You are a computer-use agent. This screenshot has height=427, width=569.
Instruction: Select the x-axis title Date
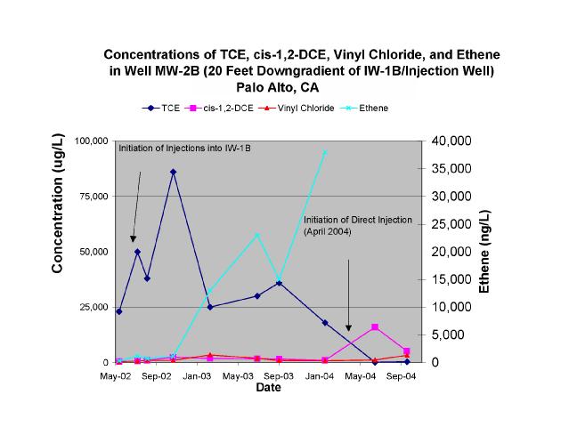click(x=269, y=388)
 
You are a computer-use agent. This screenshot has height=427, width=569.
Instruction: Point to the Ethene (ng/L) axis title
click(x=484, y=252)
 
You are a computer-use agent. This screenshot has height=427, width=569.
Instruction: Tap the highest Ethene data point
click(x=325, y=152)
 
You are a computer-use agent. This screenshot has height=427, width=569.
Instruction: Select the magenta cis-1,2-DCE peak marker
click(x=375, y=327)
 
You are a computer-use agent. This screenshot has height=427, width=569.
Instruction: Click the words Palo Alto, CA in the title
click(x=277, y=87)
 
